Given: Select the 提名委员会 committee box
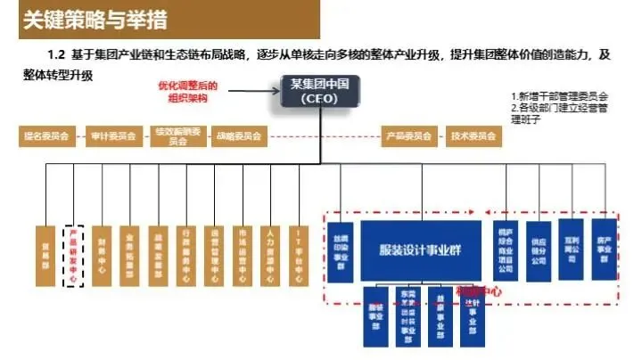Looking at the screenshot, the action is (x=45, y=137).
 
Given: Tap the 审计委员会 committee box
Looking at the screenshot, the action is (x=113, y=137).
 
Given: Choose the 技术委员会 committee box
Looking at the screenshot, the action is (x=473, y=137).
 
